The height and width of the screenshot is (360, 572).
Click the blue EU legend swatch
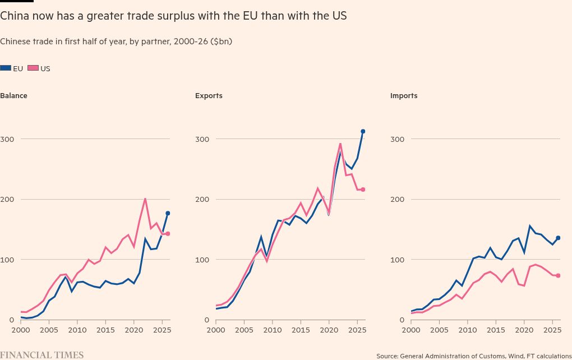point(6,68)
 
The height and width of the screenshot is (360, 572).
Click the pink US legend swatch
point(33,68)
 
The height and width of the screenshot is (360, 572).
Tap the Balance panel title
point(13,95)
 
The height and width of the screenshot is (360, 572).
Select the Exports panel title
point(209,95)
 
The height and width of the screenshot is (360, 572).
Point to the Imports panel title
point(404,95)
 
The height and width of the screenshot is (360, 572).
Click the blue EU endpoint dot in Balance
point(168,213)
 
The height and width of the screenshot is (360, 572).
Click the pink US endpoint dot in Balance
point(168,234)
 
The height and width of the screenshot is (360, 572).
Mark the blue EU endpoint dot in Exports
point(363,131)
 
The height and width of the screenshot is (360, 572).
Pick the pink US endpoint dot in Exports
point(363,190)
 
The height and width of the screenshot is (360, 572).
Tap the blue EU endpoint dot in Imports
point(558,238)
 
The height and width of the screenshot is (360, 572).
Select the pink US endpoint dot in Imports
point(558,276)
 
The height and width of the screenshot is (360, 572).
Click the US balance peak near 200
point(145,199)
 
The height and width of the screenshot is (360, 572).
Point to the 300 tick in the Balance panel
point(7,139)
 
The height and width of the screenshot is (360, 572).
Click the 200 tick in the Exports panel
point(202,200)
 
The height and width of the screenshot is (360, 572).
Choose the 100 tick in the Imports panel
point(397,260)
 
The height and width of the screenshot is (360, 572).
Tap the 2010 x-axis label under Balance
point(77,330)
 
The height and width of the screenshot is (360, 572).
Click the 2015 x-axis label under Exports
point(301,330)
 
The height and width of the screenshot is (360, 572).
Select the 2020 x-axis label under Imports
point(524,330)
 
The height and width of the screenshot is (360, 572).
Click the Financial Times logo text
point(42,355)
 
